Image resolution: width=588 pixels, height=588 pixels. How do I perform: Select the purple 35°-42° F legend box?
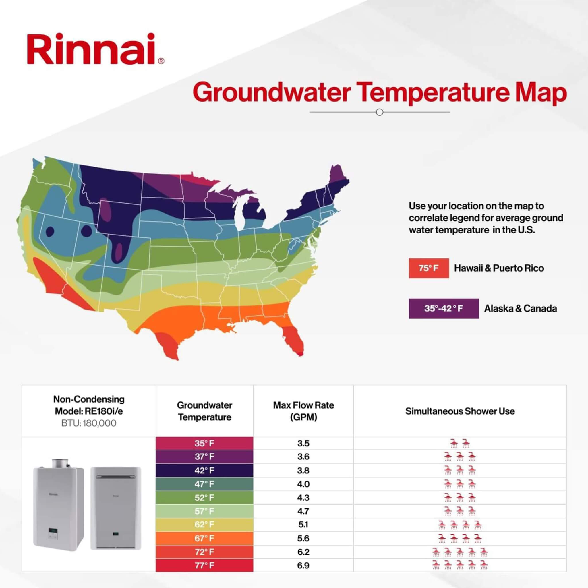(x=443, y=309)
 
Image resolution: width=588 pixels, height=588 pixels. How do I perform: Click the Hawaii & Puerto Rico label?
(x=499, y=268)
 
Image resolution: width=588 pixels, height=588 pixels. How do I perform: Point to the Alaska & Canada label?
(x=521, y=309)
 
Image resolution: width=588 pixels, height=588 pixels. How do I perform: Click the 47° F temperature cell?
(x=204, y=484)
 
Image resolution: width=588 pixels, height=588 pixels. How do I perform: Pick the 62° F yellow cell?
(x=204, y=524)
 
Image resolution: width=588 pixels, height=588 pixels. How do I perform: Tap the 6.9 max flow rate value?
(x=303, y=566)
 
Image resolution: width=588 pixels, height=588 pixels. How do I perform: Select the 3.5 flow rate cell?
(x=303, y=443)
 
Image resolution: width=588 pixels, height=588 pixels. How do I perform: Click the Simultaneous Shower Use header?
(x=460, y=411)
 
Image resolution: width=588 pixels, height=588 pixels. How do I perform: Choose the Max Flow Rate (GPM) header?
(x=303, y=411)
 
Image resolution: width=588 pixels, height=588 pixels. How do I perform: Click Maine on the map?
(x=339, y=178)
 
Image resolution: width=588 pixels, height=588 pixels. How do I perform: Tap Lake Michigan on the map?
(x=240, y=213)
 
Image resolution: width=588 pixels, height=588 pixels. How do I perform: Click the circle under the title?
(x=380, y=112)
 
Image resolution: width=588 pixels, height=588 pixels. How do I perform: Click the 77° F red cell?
(x=204, y=566)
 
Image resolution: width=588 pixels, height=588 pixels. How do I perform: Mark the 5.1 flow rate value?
(x=303, y=524)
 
